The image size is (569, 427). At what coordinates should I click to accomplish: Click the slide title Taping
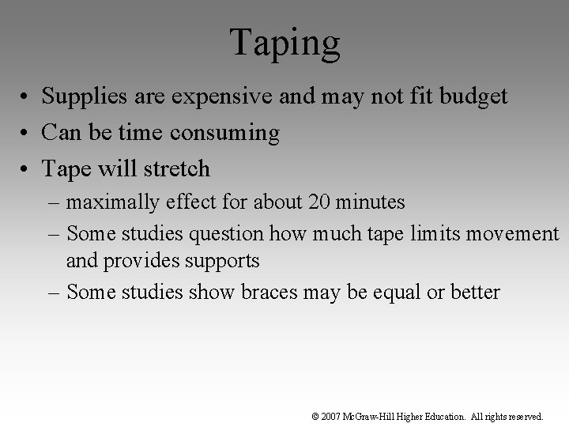click(285, 43)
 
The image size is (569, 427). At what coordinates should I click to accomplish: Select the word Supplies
click(77, 97)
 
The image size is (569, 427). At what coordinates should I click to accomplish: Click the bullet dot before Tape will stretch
click(25, 169)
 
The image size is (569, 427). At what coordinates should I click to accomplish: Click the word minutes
click(372, 202)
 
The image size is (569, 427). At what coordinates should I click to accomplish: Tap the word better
click(474, 292)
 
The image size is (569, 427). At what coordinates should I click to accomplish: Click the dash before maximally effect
click(55, 203)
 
